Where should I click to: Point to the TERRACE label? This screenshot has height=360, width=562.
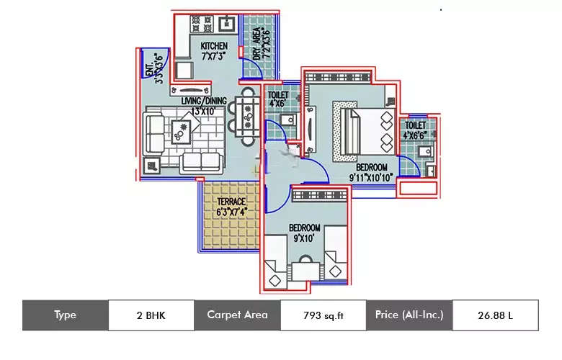point(231,207)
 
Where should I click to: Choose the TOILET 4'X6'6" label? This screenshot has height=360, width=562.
point(416,129)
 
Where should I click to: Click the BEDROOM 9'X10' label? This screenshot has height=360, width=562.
point(304,233)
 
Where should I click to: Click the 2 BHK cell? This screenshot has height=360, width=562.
point(151,315)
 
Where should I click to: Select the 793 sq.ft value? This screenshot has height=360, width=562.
point(323,315)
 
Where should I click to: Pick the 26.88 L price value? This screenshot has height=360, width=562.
point(494,315)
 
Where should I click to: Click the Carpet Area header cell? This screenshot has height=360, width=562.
point(237,315)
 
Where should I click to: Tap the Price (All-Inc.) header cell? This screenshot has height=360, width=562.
point(409,315)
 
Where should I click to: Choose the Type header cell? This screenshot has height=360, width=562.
point(65,315)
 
